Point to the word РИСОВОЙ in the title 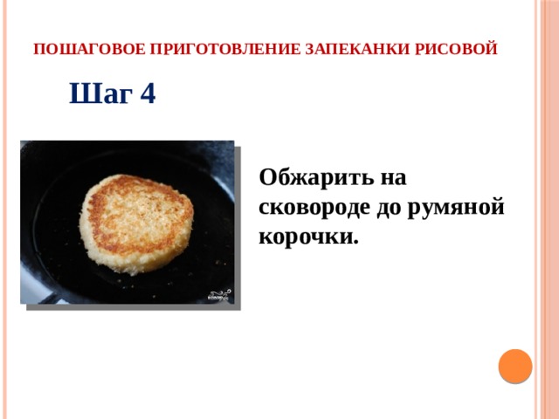pos(460,49)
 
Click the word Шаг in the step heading pos(96,93)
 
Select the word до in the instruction pos(402,208)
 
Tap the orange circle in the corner pos(515,365)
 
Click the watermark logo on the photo pos(219,294)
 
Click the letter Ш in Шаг pos(79,93)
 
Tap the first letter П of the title pos(38,49)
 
